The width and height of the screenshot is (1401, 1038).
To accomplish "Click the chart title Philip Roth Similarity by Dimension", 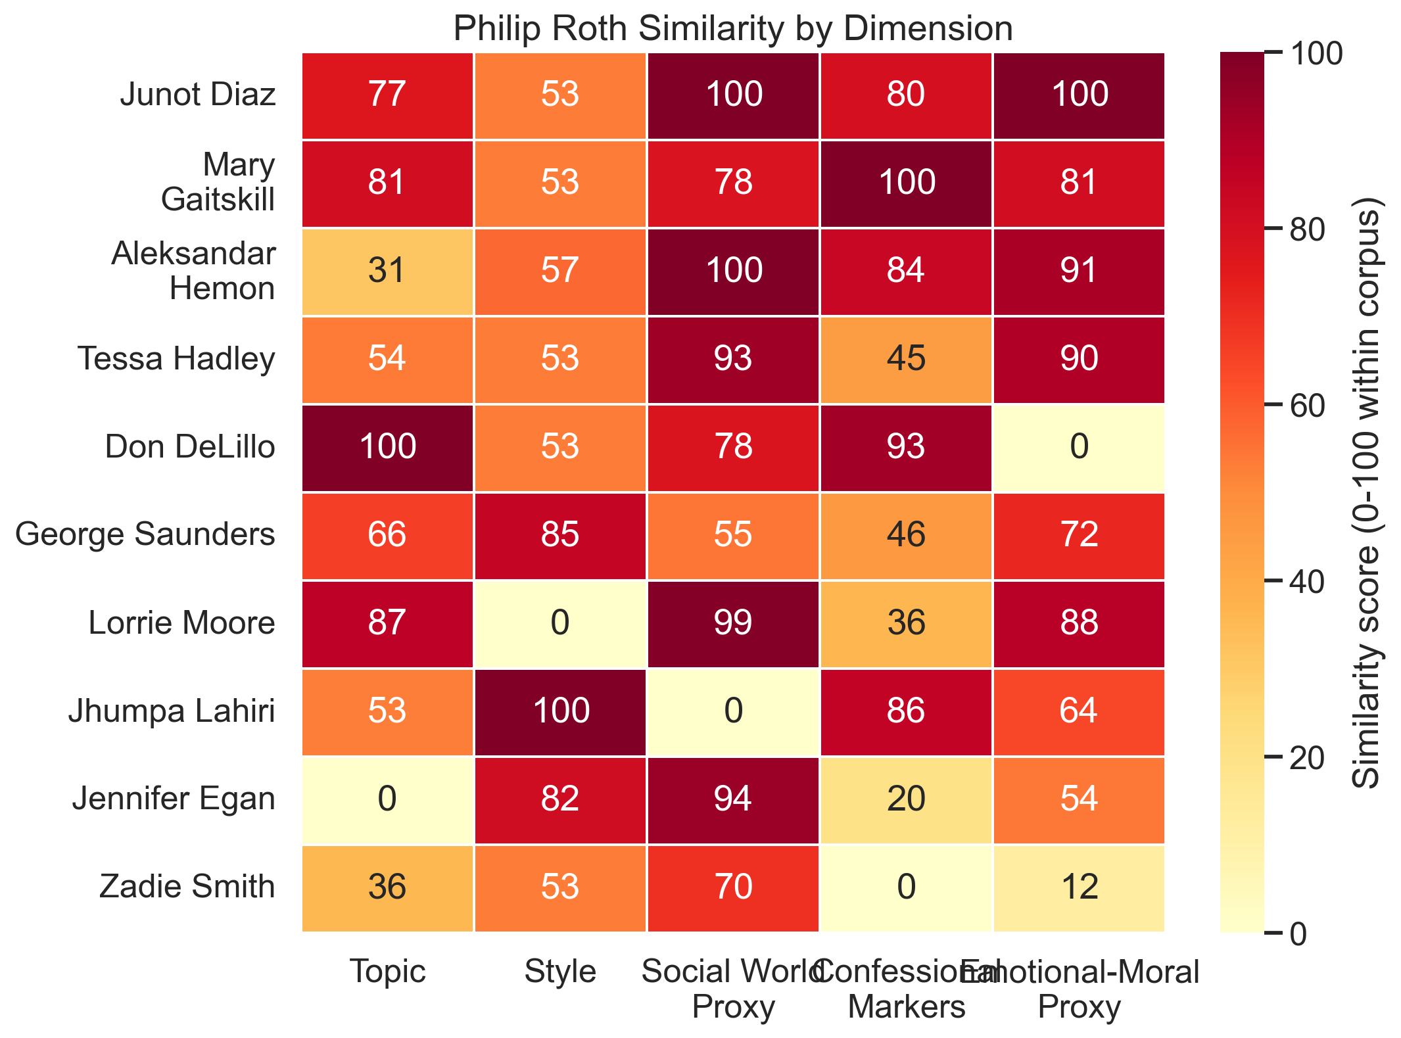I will coord(732,29).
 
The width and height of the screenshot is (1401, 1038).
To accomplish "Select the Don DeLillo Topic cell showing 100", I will coord(387,448).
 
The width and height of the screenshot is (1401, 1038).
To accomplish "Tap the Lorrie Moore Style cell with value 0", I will coord(560,623).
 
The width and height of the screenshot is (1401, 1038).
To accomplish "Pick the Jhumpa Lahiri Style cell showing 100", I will coord(560,711).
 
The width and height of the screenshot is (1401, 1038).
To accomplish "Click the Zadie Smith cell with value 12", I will coord(1079,887).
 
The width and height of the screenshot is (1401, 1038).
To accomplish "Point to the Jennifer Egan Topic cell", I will coord(387,799).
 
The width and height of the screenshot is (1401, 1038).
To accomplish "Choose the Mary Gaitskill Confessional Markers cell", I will coord(906,183).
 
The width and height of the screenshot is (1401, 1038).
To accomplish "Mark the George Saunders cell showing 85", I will coord(560,535).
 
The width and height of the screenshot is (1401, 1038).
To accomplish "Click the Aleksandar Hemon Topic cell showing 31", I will coord(387,271).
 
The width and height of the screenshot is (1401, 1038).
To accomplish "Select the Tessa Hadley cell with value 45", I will coord(906,359).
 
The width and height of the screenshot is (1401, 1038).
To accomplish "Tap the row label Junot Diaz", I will coord(197,95).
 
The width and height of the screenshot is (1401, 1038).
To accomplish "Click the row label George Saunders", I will coord(145,535).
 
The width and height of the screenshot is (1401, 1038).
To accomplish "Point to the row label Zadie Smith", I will coord(187,887).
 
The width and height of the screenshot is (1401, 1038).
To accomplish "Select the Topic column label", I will coord(387,972).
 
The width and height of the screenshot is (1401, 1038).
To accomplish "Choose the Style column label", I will coord(560,972).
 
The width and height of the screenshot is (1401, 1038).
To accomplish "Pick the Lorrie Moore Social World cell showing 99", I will coord(733,623).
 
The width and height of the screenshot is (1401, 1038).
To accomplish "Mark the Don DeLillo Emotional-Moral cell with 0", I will coord(1079,448).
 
